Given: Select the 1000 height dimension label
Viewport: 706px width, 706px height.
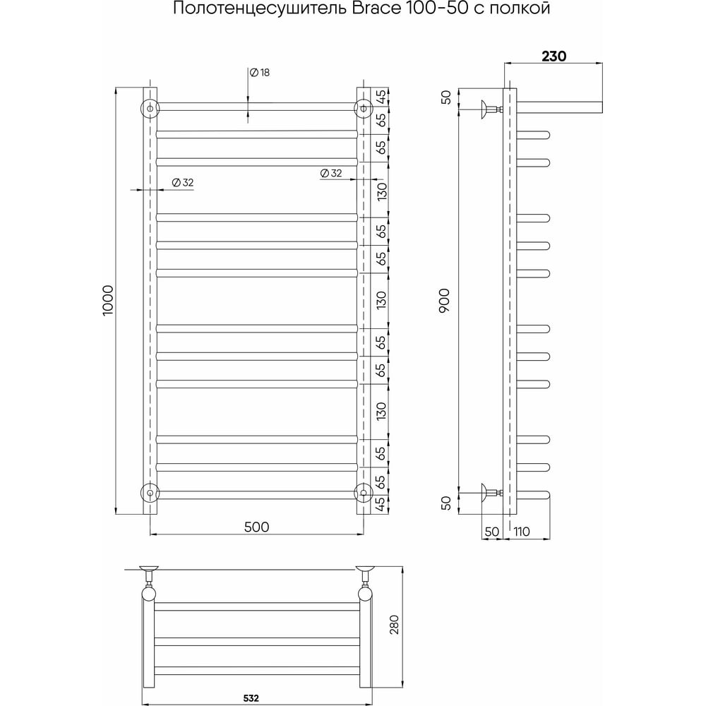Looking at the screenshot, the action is pyautogui.click(x=109, y=300).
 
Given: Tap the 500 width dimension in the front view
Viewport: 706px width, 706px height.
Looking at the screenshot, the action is pyautogui.click(x=257, y=527).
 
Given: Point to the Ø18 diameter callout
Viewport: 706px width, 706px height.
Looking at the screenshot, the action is pyautogui.click(x=260, y=72).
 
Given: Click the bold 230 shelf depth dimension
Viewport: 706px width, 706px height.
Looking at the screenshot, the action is pyautogui.click(x=554, y=56).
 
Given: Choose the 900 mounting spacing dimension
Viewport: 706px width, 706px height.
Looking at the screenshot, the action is pyautogui.click(x=444, y=301).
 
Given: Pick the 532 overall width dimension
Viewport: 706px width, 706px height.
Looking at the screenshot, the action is pyautogui.click(x=251, y=698).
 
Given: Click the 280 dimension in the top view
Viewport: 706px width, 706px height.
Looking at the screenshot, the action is pyautogui.click(x=394, y=624).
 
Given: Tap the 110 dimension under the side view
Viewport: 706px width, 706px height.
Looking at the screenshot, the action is pyautogui.click(x=522, y=532).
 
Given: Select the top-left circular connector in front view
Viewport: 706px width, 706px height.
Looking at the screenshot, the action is pyautogui.click(x=150, y=108).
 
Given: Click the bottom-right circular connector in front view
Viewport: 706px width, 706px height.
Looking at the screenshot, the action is pyautogui.click(x=363, y=493).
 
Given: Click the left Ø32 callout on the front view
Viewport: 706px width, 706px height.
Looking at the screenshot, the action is pyautogui.click(x=183, y=182).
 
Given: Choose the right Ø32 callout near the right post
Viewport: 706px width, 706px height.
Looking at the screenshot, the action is pyautogui.click(x=331, y=173).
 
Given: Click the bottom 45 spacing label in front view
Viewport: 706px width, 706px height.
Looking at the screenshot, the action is pyautogui.click(x=381, y=503).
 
